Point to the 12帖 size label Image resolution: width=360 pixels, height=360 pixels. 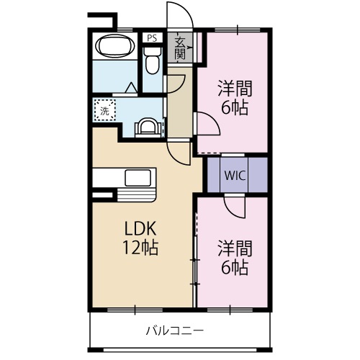coord(140,248)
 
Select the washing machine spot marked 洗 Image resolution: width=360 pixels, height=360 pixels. coord(104,110)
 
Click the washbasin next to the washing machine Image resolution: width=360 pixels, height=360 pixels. coord(148,126)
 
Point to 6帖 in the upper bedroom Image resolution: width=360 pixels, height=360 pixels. coord(235,109)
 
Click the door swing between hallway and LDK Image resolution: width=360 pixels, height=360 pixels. coord(177,150)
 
